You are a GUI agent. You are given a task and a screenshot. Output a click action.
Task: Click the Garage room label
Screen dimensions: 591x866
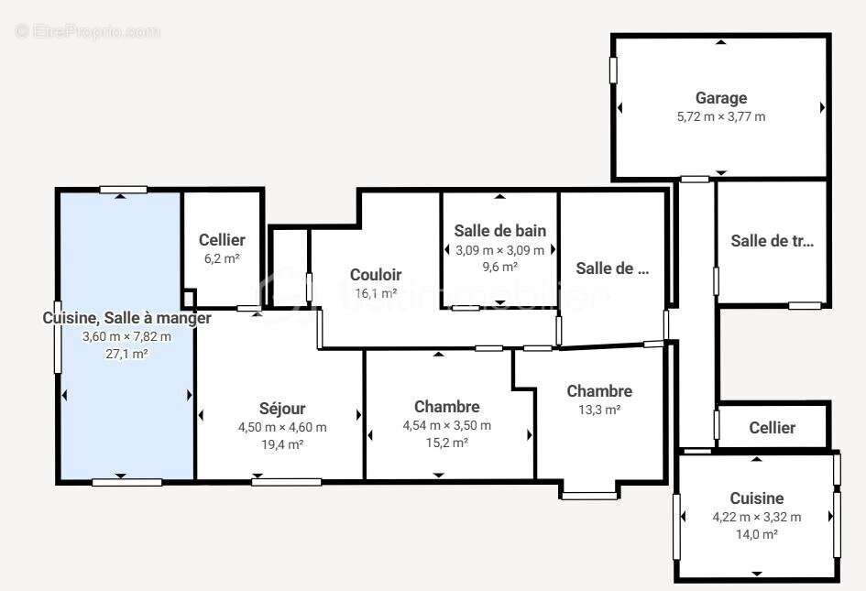(x=721, y=98)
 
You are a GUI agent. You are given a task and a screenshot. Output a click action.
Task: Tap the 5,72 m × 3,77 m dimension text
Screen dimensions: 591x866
(x=721, y=116)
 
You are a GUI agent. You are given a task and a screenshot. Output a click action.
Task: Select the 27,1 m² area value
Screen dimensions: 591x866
(x=126, y=354)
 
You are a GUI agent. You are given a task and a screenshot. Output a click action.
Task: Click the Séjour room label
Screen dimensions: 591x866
(x=282, y=409)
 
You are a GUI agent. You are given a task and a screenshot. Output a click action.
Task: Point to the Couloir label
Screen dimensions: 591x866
(x=376, y=275)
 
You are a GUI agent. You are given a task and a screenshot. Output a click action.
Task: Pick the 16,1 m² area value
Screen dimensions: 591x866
(x=376, y=293)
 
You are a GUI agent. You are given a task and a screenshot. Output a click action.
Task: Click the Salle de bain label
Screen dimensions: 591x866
(x=500, y=231)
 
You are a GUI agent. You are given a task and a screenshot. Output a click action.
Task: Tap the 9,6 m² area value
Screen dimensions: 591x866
(x=500, y=267)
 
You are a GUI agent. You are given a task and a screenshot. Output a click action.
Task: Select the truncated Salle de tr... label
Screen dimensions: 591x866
(x=772, y=241)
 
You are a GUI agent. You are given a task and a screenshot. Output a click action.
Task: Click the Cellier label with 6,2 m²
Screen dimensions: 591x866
(x=222, y=240)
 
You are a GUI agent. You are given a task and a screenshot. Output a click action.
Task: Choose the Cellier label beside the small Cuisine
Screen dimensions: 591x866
(x=772, y=428)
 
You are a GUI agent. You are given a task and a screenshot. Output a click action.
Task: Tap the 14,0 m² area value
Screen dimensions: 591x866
(x=757, y=534)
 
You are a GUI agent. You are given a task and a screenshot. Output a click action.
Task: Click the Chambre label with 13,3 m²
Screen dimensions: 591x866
(x=599, y=391)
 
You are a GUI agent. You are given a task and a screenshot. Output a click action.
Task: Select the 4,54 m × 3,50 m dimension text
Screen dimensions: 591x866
(x=447, y=425)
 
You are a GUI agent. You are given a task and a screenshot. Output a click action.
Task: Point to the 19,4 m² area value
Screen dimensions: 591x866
(x=282, y=444)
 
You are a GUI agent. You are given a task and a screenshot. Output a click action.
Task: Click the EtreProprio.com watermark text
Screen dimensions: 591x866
(x=87, y=32)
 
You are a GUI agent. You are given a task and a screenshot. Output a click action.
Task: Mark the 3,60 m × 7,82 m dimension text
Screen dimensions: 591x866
(x=126, y=336)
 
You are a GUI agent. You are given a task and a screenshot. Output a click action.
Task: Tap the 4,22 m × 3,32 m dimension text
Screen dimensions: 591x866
(x=757, y=517)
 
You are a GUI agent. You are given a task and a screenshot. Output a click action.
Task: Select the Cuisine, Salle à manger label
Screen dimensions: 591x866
(x=126, y=318)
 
